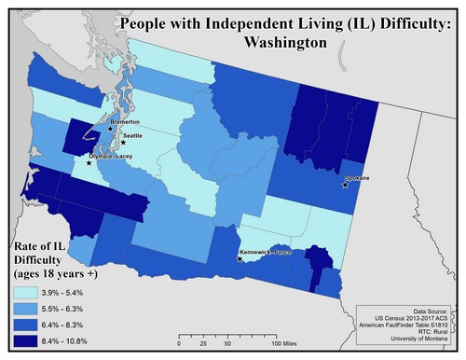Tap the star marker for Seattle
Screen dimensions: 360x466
pos(123,143)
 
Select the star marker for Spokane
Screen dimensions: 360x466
pos(346,185)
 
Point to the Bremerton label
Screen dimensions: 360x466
pos(124,122)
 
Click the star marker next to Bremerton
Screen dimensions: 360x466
pos(111,129)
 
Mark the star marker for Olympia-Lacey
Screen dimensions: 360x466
pos(89,162)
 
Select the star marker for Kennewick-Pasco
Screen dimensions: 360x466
pos(241,258)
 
